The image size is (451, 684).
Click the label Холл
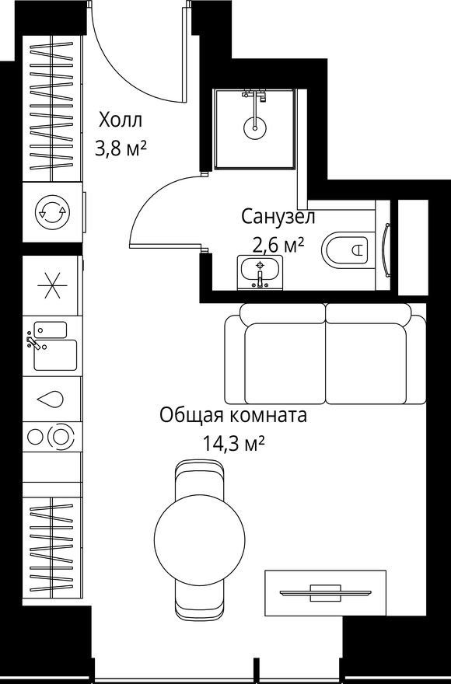pyautogui.click(x=121, y=120)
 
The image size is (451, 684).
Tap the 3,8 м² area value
pyautogui.click(x=121, y=149)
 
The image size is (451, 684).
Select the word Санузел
pyautogui.click(x=278, y=216)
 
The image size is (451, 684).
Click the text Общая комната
pyautogui.click(x=233, y=415)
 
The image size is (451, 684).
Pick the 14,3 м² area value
pyautogui.click(x=233, y=444)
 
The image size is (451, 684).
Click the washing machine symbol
pyautogui.click(x=52, y=212)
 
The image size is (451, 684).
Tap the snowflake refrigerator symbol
pyautogui.click(x=52, y=286)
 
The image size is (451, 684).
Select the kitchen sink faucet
pyautogui.click(x=33, y=343)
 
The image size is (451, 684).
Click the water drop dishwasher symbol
pyautogui.click(x=51, y=400)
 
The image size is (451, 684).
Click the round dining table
pyautogui.click(x=200, y=539)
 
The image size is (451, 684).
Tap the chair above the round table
pyautogui.click(x=200, y=479)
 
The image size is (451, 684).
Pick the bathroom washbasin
pyautogui.click(x=260, y=272)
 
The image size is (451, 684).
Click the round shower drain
pyautogui.click(x=254, y=127)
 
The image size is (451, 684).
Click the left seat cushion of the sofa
pyautogui.click(x=285, y=364)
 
